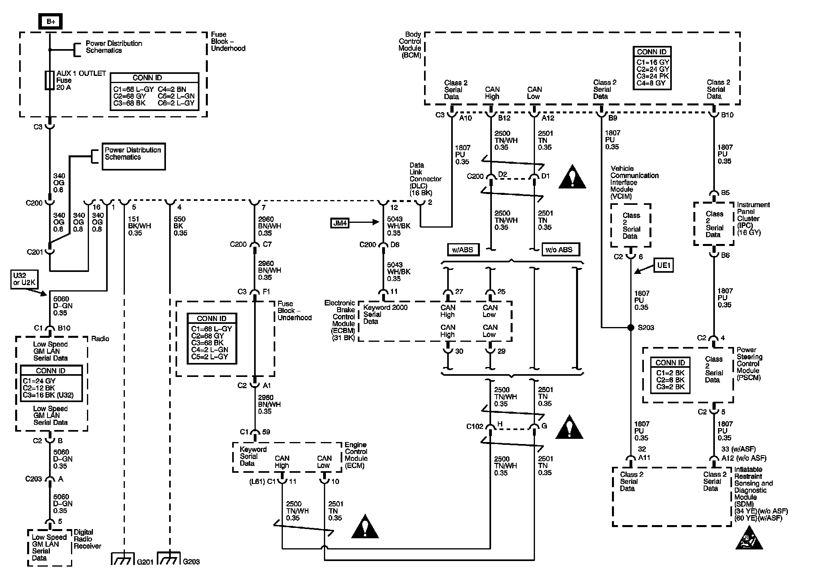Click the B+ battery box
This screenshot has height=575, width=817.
50,21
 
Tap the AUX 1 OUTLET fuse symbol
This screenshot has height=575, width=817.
49,81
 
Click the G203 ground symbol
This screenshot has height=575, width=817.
170,559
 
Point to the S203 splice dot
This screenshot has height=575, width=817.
631,328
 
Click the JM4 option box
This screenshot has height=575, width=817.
340,223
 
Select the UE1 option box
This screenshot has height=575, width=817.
663,265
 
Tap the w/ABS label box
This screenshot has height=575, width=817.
463,250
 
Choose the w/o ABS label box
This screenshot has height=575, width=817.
560,250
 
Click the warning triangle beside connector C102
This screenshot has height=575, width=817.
570,427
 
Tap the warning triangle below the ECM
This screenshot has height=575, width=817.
365,526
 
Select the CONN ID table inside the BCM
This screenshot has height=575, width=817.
652,68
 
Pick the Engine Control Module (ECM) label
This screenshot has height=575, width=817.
356,455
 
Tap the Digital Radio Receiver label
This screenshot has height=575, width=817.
87,539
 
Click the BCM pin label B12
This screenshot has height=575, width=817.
504,118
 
